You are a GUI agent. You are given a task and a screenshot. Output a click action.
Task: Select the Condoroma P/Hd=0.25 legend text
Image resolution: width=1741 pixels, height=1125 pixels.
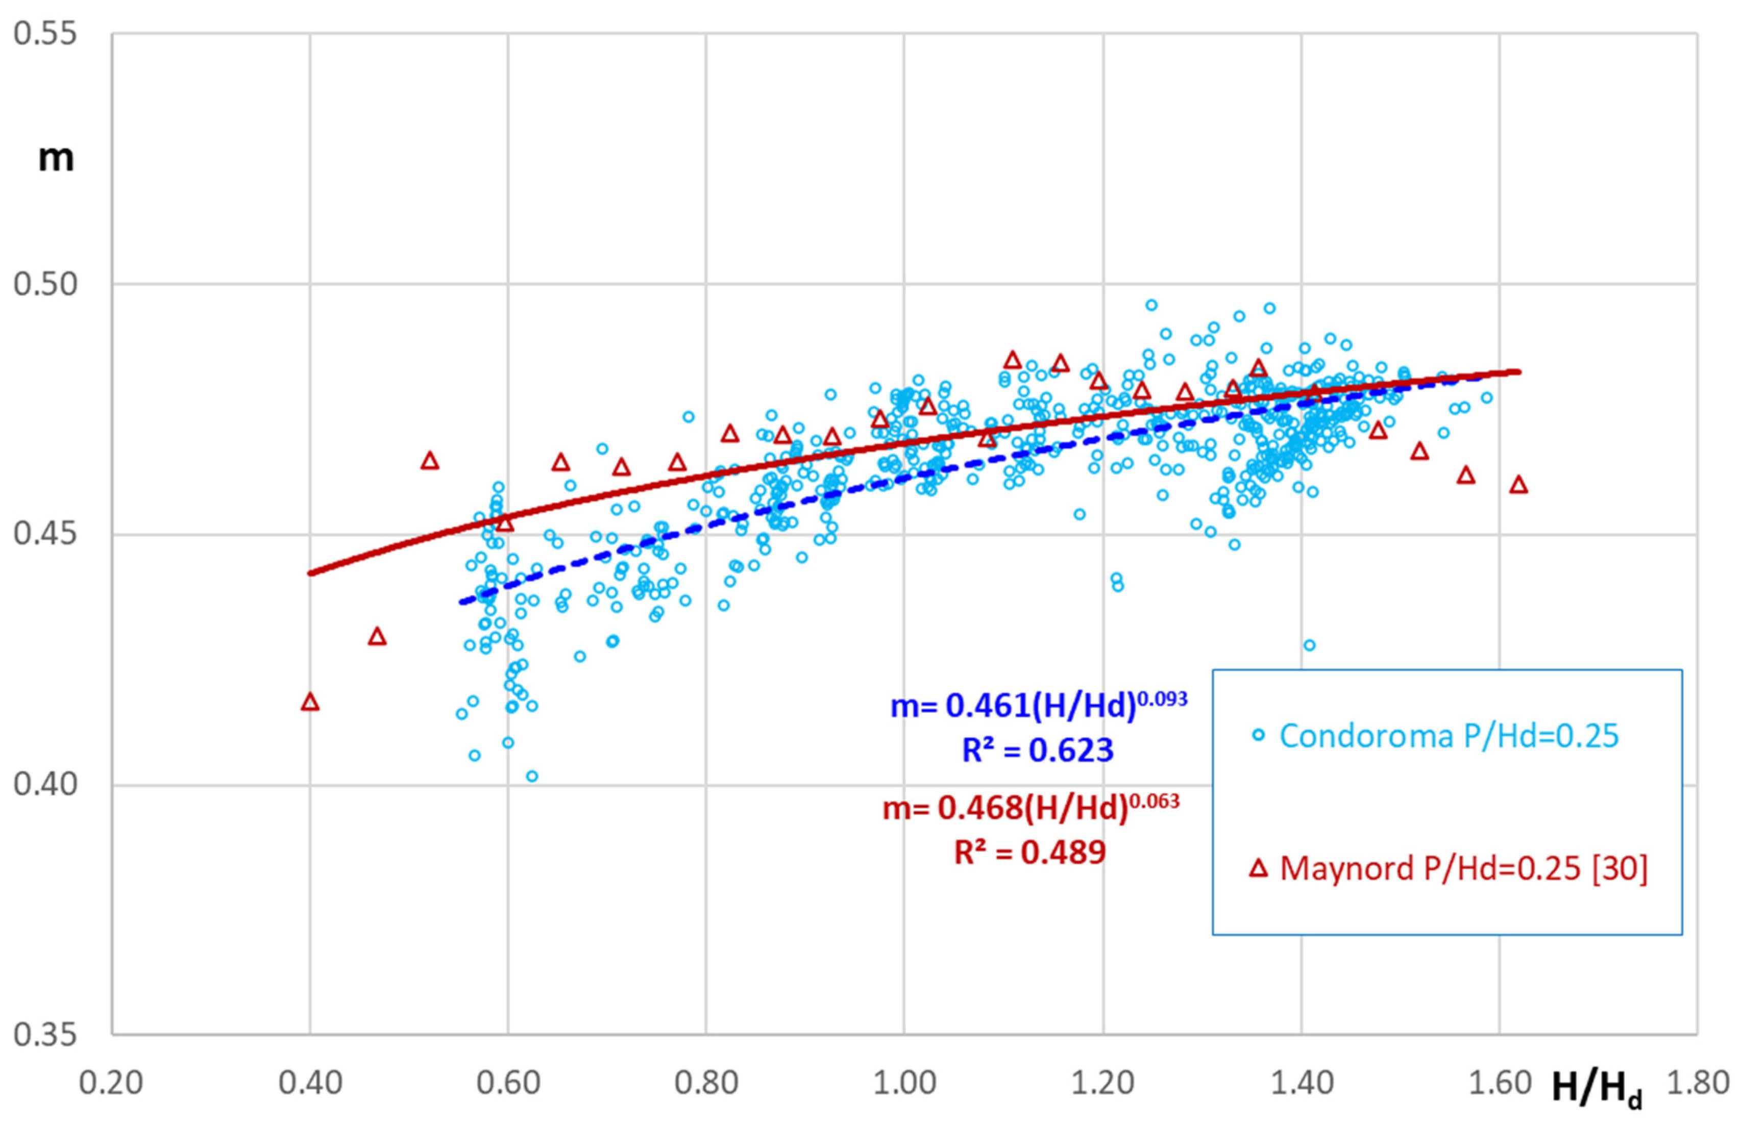(x=1449, y=736)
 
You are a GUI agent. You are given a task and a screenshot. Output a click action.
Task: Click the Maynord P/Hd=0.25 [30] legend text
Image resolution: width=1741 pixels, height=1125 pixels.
(x=1463, y=868)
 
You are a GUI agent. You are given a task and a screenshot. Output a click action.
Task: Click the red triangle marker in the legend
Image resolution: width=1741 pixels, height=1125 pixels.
(x=1258, y=868)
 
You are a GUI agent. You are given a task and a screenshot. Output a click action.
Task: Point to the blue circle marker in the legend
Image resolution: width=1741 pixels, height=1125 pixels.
(x=1258, y=735)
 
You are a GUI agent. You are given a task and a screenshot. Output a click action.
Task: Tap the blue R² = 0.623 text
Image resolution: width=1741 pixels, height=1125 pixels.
(x=1038, y=750)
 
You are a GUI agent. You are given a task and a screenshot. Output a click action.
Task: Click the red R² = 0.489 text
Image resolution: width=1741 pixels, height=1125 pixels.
(x=1029, y=853)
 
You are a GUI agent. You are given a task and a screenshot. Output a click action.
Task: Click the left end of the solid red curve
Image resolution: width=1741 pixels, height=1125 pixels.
(x=310, y=573)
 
